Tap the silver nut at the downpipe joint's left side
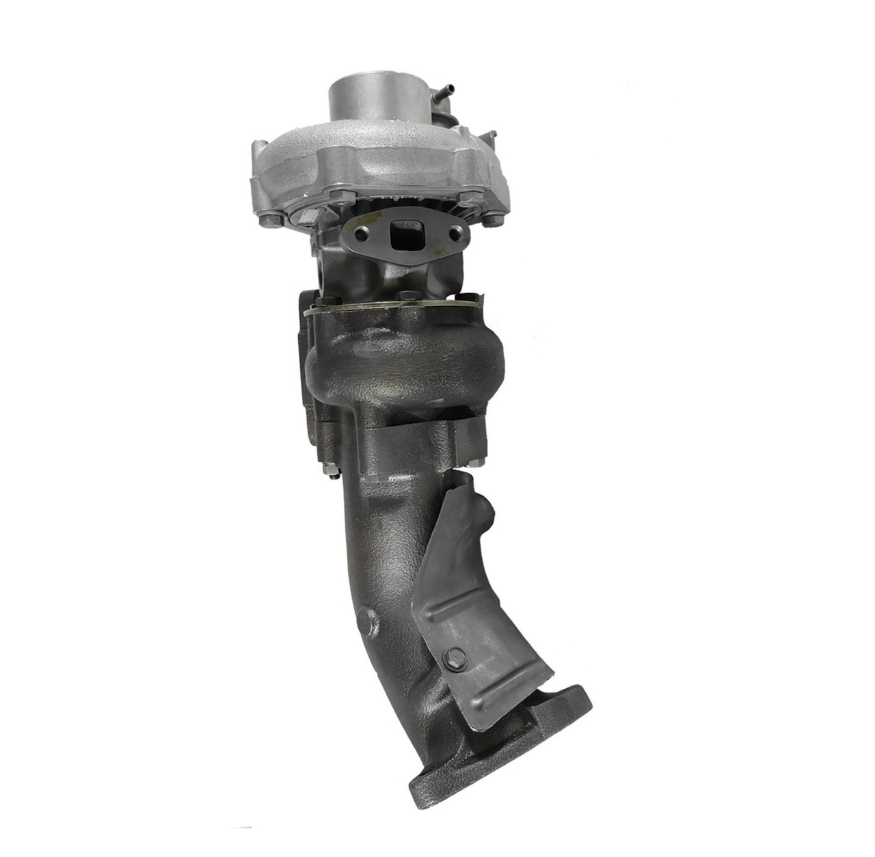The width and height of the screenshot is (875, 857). pos(326,471)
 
